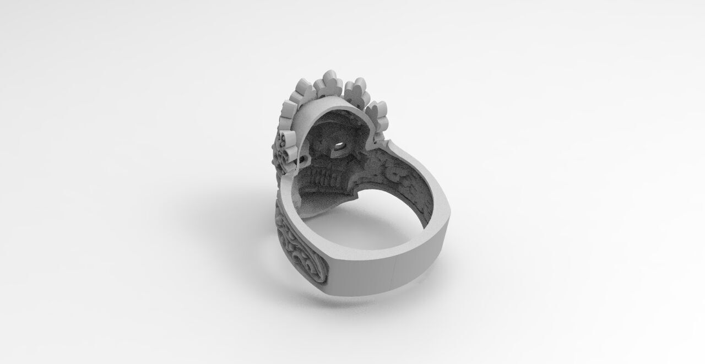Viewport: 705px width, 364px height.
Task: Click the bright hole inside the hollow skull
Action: click(340, 148)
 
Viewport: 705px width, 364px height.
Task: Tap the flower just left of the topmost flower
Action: click(306, 90)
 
